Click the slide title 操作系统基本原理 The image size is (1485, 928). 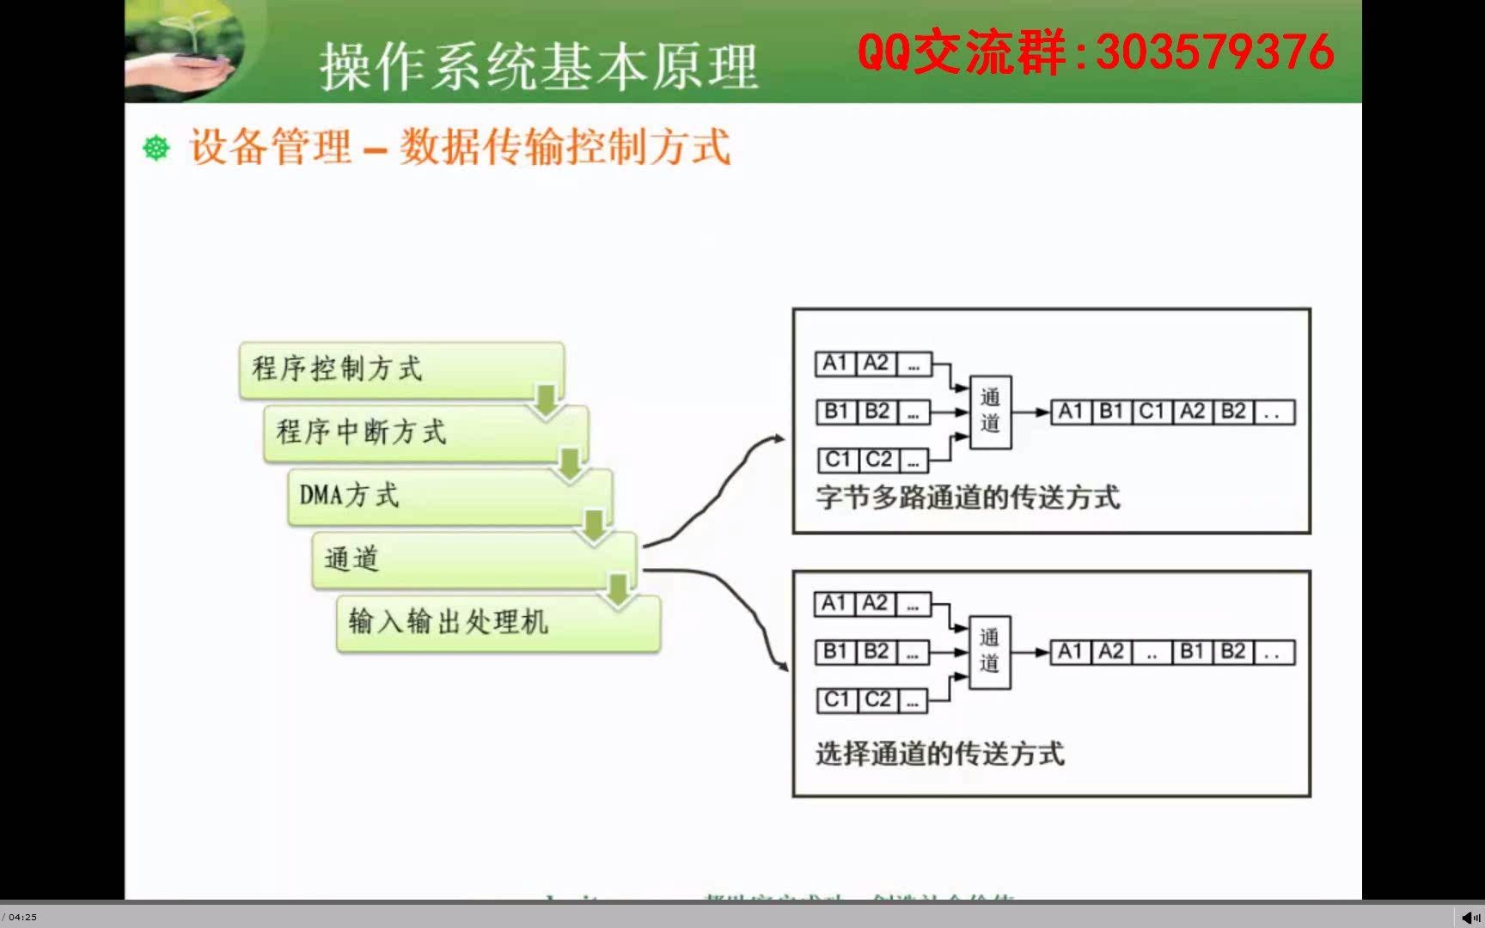(539, 68)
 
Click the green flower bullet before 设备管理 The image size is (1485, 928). (156, 148)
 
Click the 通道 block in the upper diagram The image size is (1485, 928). (990, 412)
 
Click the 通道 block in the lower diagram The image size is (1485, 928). (989, 652)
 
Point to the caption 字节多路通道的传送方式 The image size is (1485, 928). (968, 498)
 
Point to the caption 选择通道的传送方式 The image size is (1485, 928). (939, 754)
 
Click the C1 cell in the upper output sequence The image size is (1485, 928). (1152, 412)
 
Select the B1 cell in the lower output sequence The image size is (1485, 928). (1192, 652)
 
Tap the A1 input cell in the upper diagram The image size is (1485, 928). (834, 363)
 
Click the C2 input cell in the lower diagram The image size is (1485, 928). (877, 699)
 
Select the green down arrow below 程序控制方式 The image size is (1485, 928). (545, 400)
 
